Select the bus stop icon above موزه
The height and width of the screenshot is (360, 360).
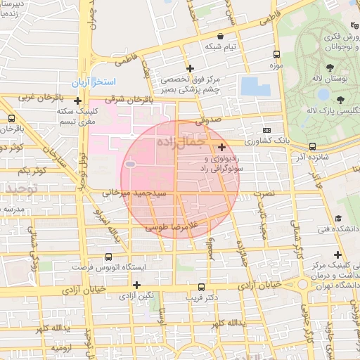click(x=276, y=54)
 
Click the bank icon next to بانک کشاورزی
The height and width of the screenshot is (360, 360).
click(x=266, y=130)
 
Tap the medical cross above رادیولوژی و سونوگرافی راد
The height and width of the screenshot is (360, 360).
click(x=222, y=147)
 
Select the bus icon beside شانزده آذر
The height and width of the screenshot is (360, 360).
click(x=311, y=146)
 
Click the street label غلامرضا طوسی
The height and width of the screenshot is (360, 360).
click(x=174, y=226)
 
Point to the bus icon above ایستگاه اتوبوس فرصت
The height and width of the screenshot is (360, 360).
click(x=108, y=257)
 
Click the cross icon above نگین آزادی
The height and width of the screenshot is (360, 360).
click(x=137, y=285)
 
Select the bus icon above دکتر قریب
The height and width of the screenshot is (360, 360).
click(x=202, y=287)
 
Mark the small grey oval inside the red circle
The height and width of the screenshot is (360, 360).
click(x=130, y=164)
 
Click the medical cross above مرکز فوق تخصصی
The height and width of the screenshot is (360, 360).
click(x=190, y=68)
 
